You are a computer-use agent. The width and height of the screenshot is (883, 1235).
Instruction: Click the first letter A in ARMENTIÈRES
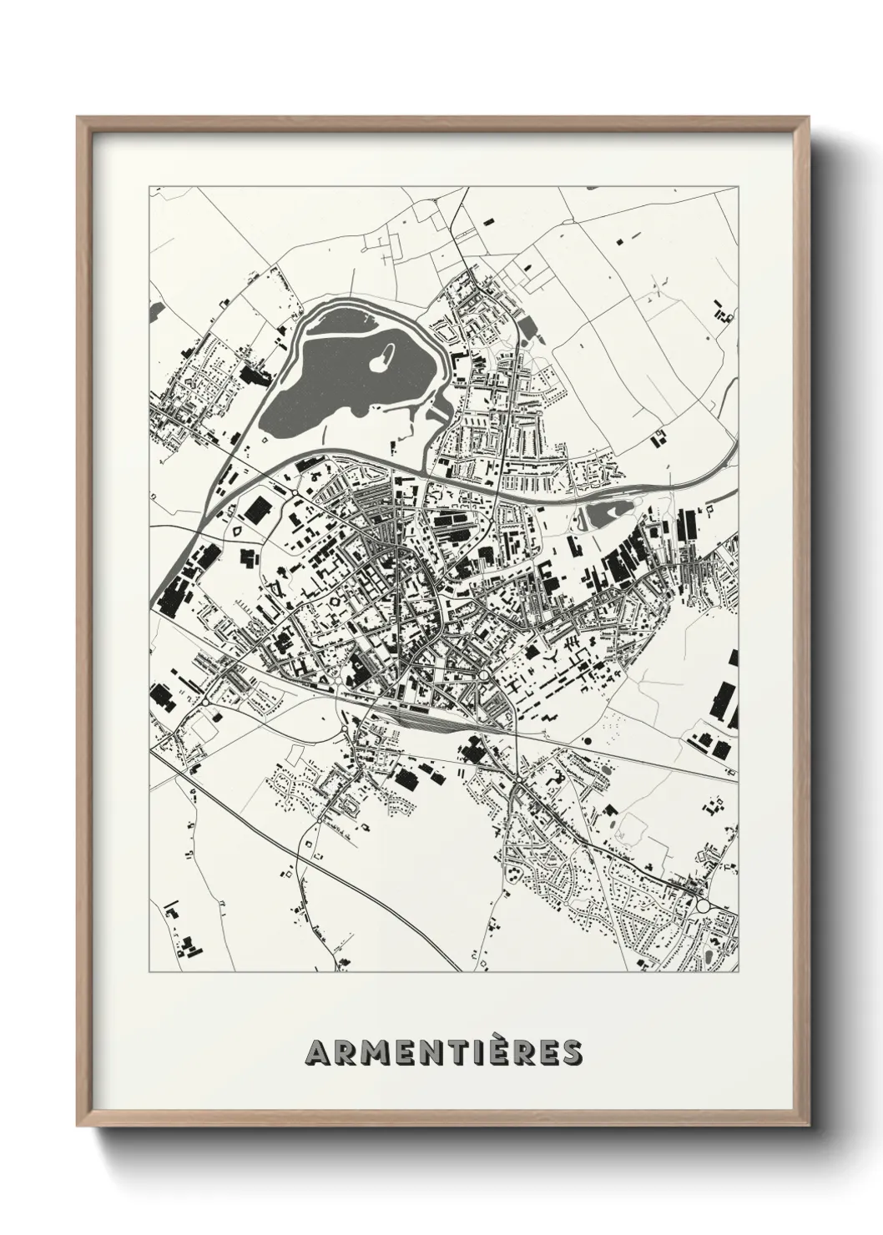[x=318, y=1052]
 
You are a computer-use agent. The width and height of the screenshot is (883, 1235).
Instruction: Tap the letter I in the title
[x=475, y=1052]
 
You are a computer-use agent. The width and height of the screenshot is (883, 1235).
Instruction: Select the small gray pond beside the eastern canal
[x=603, y=516]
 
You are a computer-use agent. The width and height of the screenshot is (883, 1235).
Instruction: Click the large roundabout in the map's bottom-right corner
[x=703, y=906]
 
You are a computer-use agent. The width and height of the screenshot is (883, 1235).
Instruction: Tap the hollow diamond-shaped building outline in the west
[x=237, y=530]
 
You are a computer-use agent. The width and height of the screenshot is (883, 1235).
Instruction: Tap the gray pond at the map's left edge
[x=153, y=310]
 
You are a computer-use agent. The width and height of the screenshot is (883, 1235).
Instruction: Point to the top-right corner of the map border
[x=739, y=185]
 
